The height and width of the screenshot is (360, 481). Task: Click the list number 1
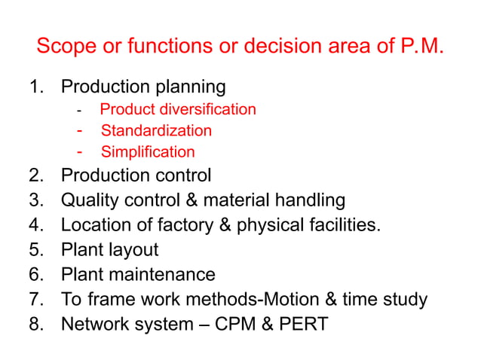click(x=35, y=87)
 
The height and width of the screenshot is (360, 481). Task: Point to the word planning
click(x=193, y=87)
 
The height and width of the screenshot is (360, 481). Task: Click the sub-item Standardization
click(x=156, y=130)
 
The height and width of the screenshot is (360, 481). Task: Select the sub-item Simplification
click(x=148, y=151)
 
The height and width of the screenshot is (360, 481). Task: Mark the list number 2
click(x=35, y=175)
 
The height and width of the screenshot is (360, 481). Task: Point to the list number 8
click(x=35, y=324)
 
